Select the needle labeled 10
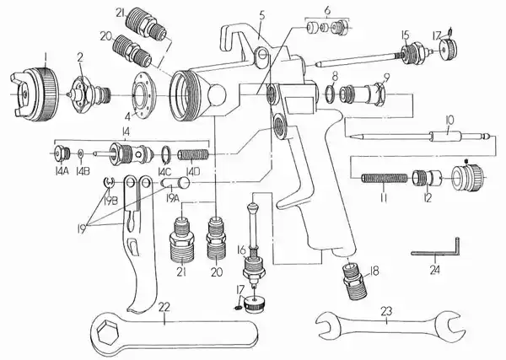pyautogui.click(x=422, y=136)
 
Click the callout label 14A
pyautogui.click(x=62, y=171)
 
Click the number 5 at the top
pyautogui.click(x=262, y=15)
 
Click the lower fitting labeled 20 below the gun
pyautogui.click(x=217, y=239)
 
